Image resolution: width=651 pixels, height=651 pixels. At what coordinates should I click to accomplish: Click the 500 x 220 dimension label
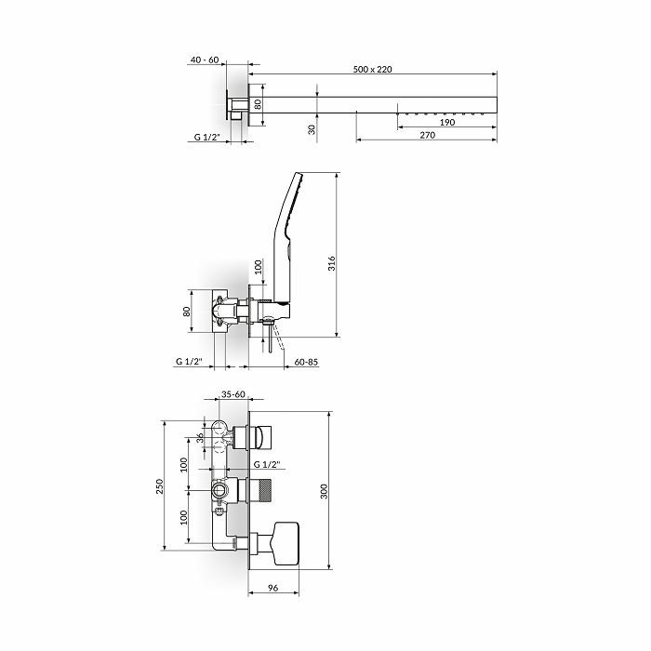coord(372,69)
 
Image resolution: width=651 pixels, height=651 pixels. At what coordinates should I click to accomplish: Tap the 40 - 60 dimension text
coord(205,60)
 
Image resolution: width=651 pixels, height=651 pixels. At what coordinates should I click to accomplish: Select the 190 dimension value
coord(447,123)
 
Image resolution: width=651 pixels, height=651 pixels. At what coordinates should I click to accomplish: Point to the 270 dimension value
coord(427,135)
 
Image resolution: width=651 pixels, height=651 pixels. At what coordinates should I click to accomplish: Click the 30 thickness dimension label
coord(312,129)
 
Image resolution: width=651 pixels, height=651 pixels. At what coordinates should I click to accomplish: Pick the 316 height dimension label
coord(331,263)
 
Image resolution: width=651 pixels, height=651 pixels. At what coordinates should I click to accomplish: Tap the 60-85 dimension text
coord(306,362)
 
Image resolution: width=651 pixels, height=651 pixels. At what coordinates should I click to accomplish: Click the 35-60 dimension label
coord(232,394)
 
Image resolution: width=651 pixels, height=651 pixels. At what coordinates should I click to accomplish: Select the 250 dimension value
coord(159,486)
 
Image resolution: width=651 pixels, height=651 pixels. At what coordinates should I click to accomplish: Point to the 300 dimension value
coord(325,491)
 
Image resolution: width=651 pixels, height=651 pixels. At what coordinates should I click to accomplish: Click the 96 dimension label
coord(272,588)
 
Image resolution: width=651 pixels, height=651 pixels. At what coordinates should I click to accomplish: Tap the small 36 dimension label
coord(200,438)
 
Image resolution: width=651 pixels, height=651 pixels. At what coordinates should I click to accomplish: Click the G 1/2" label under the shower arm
coord(206,137)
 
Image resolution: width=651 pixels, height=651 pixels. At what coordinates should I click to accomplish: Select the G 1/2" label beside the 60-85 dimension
coord(189,362)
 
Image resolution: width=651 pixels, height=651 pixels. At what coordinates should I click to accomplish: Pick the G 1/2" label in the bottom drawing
coord(267,465)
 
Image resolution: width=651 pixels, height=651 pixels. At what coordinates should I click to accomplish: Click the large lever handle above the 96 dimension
coord(286,544)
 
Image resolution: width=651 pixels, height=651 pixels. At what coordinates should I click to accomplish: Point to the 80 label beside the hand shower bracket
coord(186,312)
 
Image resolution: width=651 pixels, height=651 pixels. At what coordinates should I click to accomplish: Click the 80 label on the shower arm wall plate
coord(258,104)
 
